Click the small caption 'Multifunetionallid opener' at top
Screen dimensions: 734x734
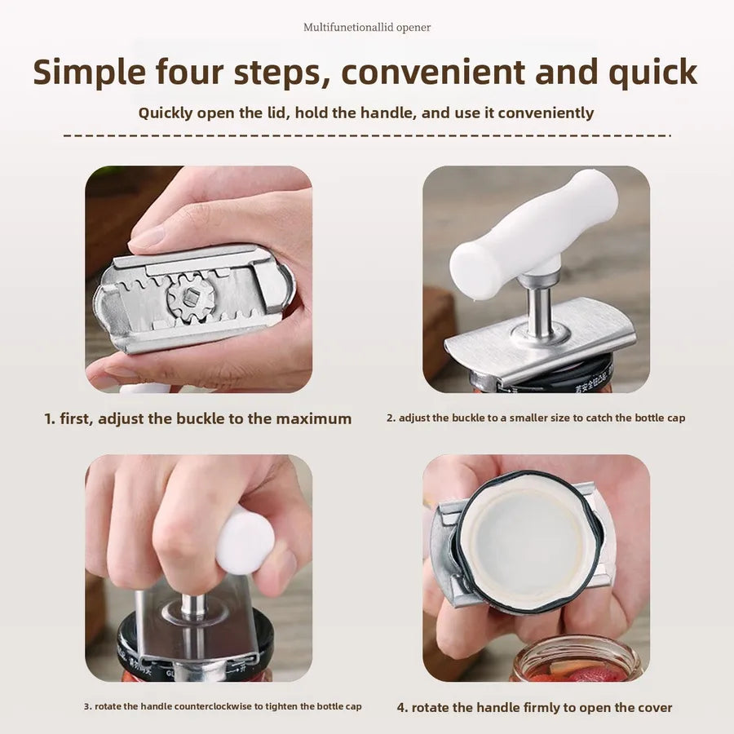click(x=367, y=27)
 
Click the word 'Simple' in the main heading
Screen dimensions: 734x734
click(x=90, y=73)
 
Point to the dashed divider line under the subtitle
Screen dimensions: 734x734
click(x=367, y=135)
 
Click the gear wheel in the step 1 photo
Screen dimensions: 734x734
click(x=191, y=297)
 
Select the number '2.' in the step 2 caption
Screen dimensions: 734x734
click(x=391, y=418)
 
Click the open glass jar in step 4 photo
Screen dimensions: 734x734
click(x=577, y=659)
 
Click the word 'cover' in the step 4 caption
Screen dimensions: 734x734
click(x=652, y=708)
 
